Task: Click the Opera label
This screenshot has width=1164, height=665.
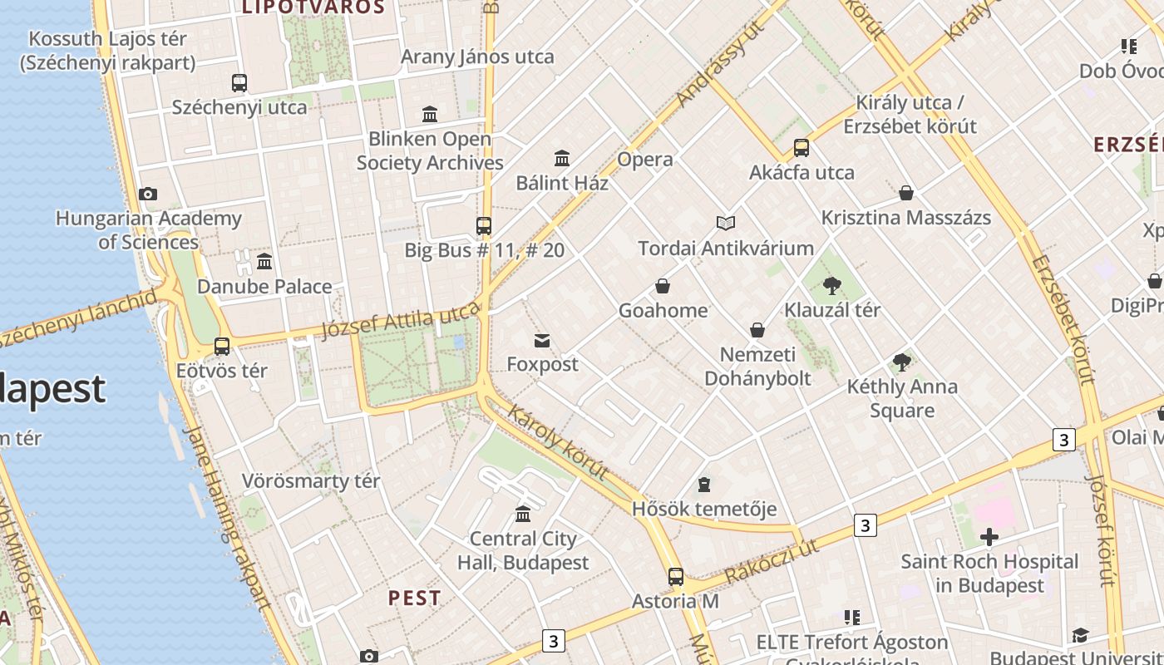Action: tap(644, 159)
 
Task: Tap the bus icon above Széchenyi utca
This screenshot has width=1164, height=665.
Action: tap(239, 83)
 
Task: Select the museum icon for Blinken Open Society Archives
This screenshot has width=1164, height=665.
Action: tap(430, 114)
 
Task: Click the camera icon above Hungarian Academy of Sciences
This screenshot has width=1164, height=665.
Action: tap(148, 195)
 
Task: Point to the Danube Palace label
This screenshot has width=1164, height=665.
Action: tap(264, 287)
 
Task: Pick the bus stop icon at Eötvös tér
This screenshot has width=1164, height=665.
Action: tap(222, 347)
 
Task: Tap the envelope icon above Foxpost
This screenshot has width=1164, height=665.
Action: tap(542, 341)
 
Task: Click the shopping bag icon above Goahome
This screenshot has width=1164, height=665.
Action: tap(663, 287)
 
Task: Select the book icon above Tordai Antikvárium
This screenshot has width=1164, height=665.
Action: tap(726, 223)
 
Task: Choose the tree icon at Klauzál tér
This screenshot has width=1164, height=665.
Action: tap(831, 287)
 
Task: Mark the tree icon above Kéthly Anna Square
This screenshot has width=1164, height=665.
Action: tap(901, 362)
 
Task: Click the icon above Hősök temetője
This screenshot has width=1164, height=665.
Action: tap(704, 485)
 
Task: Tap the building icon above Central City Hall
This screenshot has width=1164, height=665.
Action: tap(523, 515)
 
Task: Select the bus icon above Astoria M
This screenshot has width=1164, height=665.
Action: tap(675, 577)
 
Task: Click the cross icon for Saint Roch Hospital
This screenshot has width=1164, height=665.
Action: tap(989, 537)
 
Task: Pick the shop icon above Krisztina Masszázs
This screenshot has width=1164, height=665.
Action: tap(906, 194)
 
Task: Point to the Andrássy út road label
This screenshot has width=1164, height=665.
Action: tap(720, 66)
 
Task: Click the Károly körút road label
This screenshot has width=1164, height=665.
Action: tap(557, 443)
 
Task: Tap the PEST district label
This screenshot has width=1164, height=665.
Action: tap(414, 598)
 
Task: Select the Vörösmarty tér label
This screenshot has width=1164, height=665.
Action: tap(310, 480)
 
